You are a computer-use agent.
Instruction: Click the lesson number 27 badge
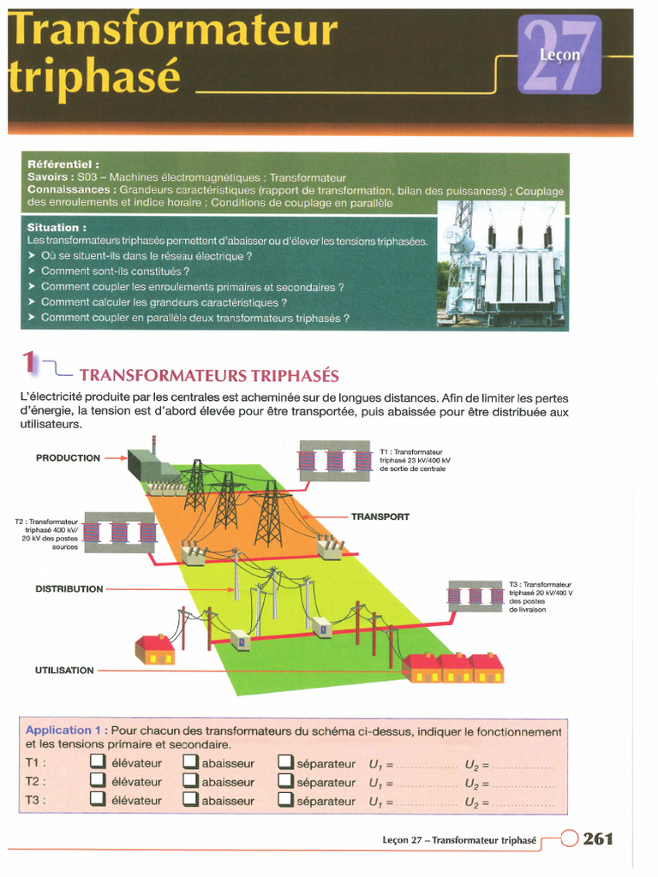[559, 55]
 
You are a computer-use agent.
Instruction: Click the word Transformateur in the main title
[172, 31]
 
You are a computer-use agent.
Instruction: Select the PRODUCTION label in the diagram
[68, 458]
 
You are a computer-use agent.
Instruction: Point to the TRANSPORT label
[380, 517]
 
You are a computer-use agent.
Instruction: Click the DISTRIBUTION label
[69, 589]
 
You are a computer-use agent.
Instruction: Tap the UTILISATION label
[65, 670]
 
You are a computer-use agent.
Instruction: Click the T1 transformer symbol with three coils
[336, 461]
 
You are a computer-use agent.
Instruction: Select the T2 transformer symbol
[119, 533]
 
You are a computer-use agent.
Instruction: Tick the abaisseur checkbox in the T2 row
[189, 781]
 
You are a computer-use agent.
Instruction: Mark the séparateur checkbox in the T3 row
[285, 801]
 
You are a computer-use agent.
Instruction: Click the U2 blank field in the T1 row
[523, 764]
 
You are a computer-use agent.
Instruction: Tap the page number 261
[598, 839]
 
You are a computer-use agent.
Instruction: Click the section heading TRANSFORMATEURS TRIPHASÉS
[209, 375]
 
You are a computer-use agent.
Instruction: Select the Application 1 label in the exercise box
[65, 731]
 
